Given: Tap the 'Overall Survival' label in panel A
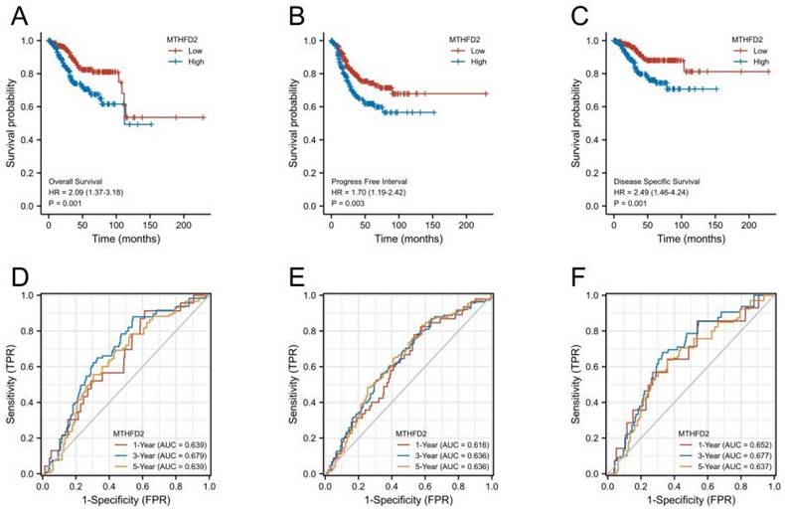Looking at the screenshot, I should pos(78,180).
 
